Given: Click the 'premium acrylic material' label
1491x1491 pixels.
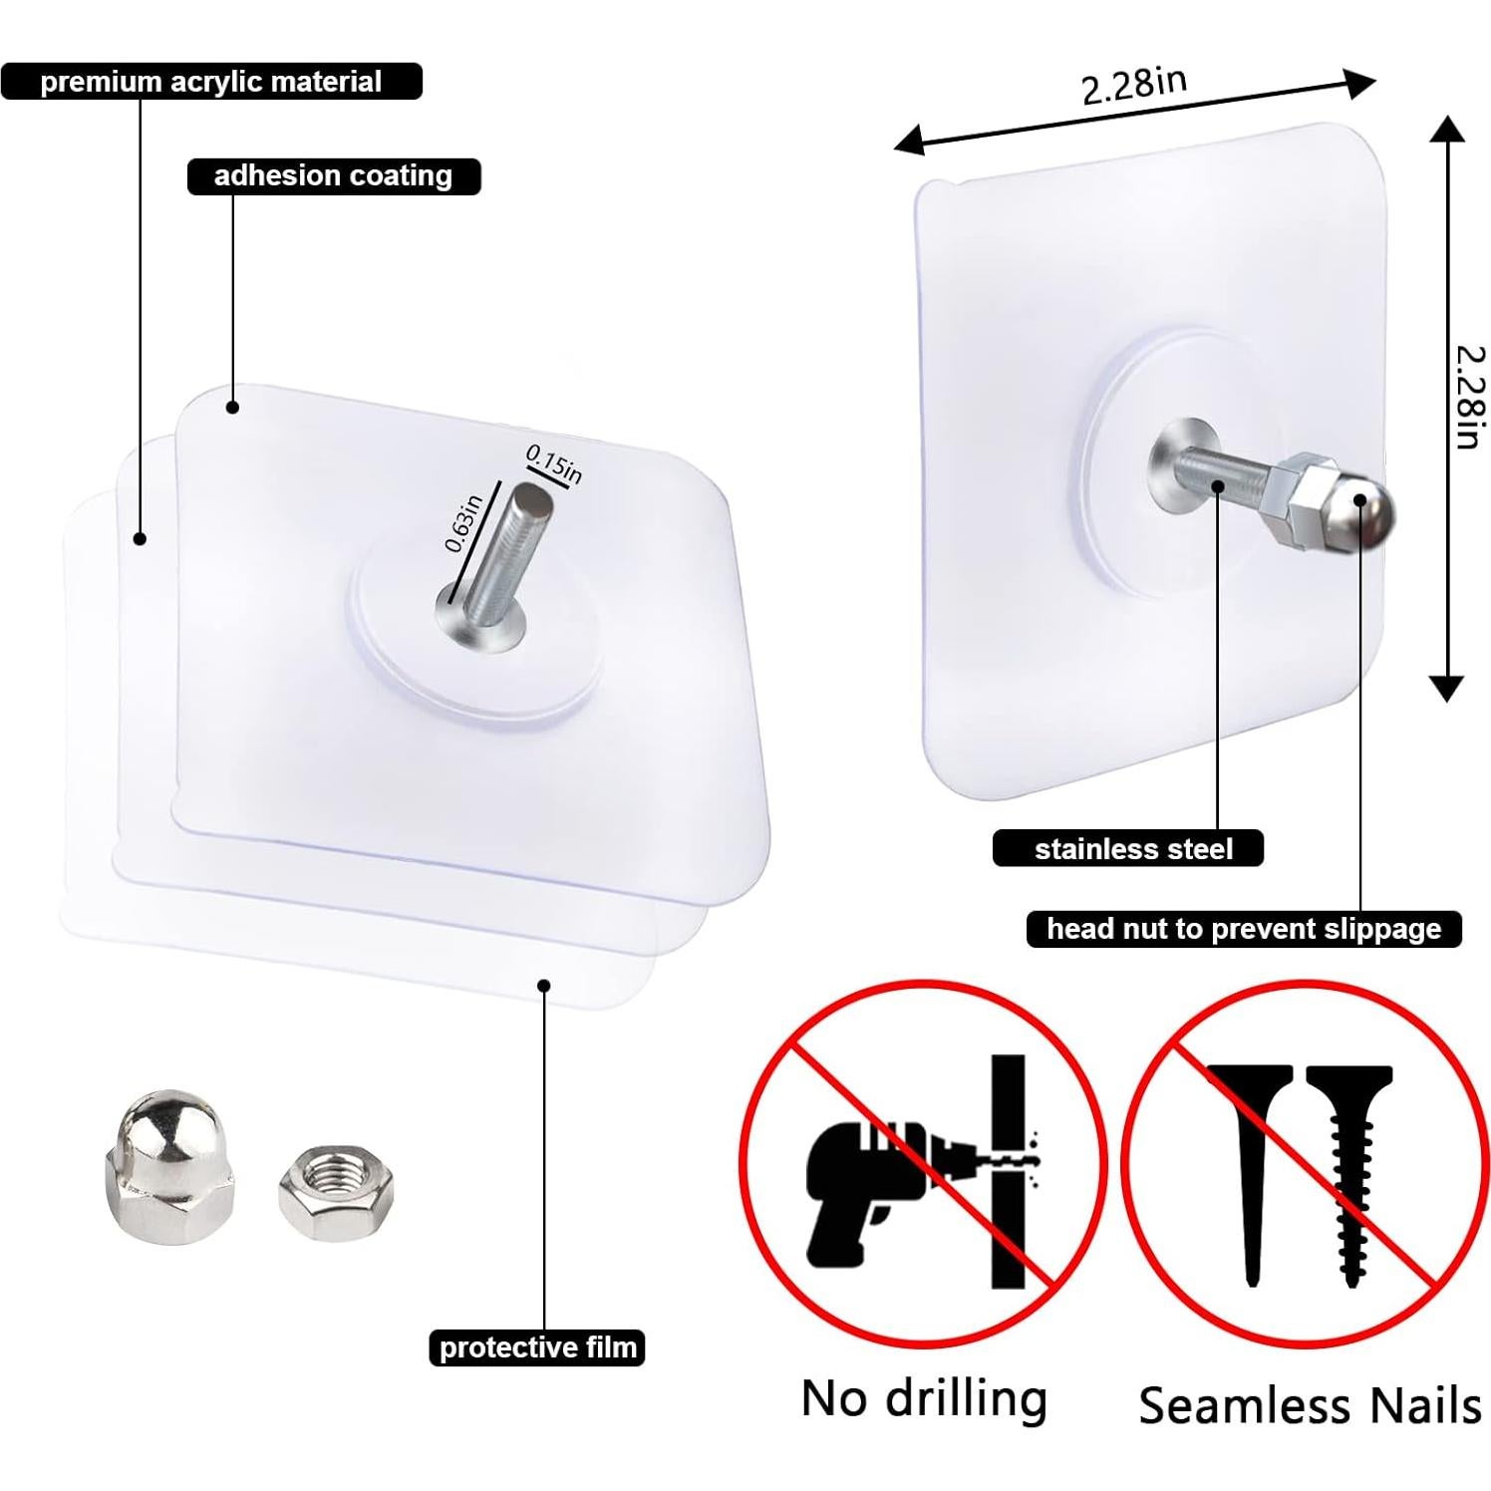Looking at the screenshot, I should click(210, 82).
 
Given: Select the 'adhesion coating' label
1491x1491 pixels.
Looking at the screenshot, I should click(333, 176).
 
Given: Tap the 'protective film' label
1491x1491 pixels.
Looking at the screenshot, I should click(537, 1347).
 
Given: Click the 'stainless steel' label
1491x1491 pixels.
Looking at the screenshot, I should click(1132, 849).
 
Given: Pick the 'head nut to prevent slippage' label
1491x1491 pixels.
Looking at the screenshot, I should click(1243, 929).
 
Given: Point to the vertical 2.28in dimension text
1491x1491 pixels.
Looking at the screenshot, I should click(1469, 397).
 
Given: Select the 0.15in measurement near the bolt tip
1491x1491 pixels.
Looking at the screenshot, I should click(554, 464).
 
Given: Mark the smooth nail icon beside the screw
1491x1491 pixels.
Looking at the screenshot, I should click(1252, 1166).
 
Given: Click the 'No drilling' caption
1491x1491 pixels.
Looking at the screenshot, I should click(924, 1398).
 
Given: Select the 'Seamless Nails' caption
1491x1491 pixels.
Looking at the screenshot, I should click(1310, 1405).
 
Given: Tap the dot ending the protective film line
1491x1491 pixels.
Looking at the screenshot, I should click(544, 986).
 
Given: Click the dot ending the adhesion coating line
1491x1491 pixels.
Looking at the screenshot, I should click(232, 407).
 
